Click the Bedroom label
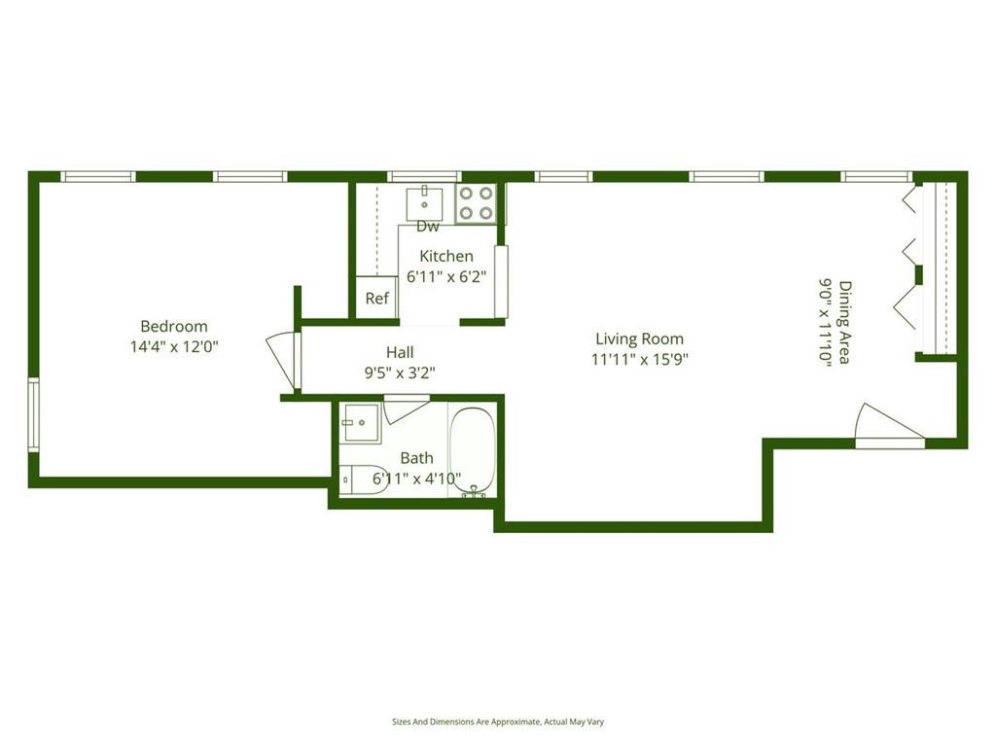(174, 327)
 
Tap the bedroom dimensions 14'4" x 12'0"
(174, 346)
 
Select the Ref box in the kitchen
(376, 299)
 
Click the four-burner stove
(476, 203)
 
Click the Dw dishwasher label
(428, 227)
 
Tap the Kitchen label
(446, 256)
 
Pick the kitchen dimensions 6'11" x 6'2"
(446, 275)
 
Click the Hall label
(400, 353)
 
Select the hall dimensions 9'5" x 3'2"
(400, 371)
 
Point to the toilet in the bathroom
(363, 480)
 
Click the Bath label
(417, 458)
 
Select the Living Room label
(639, 339)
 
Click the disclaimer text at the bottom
(497, 722)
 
